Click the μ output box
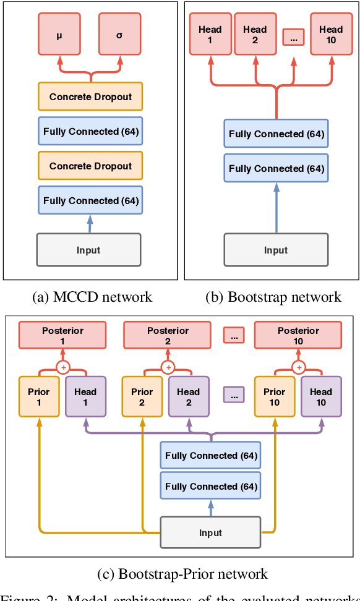59,35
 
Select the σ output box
120,35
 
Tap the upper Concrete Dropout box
90,97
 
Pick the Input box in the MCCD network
89,250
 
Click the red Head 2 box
254,35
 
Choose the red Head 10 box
331,35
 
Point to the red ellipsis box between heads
293,38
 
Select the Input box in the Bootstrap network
276,250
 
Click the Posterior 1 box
62,335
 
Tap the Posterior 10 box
298,335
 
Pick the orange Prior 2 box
142,396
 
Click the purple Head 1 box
85,396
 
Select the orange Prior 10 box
274,396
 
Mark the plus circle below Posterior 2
168,367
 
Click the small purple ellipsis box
233,394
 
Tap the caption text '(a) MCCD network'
92,297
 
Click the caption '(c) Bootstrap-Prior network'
182,574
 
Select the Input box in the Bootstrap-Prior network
210,532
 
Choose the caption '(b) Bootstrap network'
273,297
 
